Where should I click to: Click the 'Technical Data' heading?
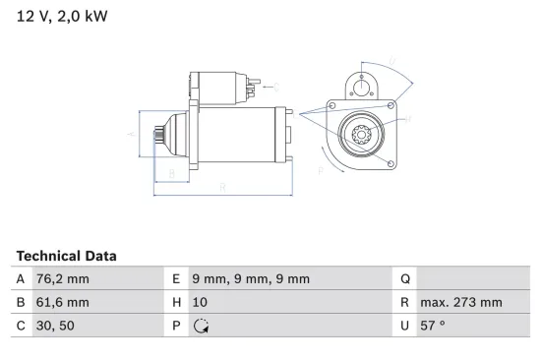pyautogui.click(x=66, y=255)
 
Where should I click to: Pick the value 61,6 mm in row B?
pyautogui.click(x=63, y=303)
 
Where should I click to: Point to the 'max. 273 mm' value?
pyautogui.click(x=460, y=303)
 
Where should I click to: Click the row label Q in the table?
pyautogui.click(x=404, y=279)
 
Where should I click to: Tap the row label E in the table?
pyautogui.click(x=174, y=279)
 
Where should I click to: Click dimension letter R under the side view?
pyautogui.click(x=222, y=186)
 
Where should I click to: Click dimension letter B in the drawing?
pyautogui.click(x=172, y=174)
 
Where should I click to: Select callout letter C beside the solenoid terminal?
pyautogui.click(x=276, y=86)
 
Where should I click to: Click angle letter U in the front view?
pyautogui.click(x=391, y=62)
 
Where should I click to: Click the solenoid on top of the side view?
pyautogui.click(x=218, y=86)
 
